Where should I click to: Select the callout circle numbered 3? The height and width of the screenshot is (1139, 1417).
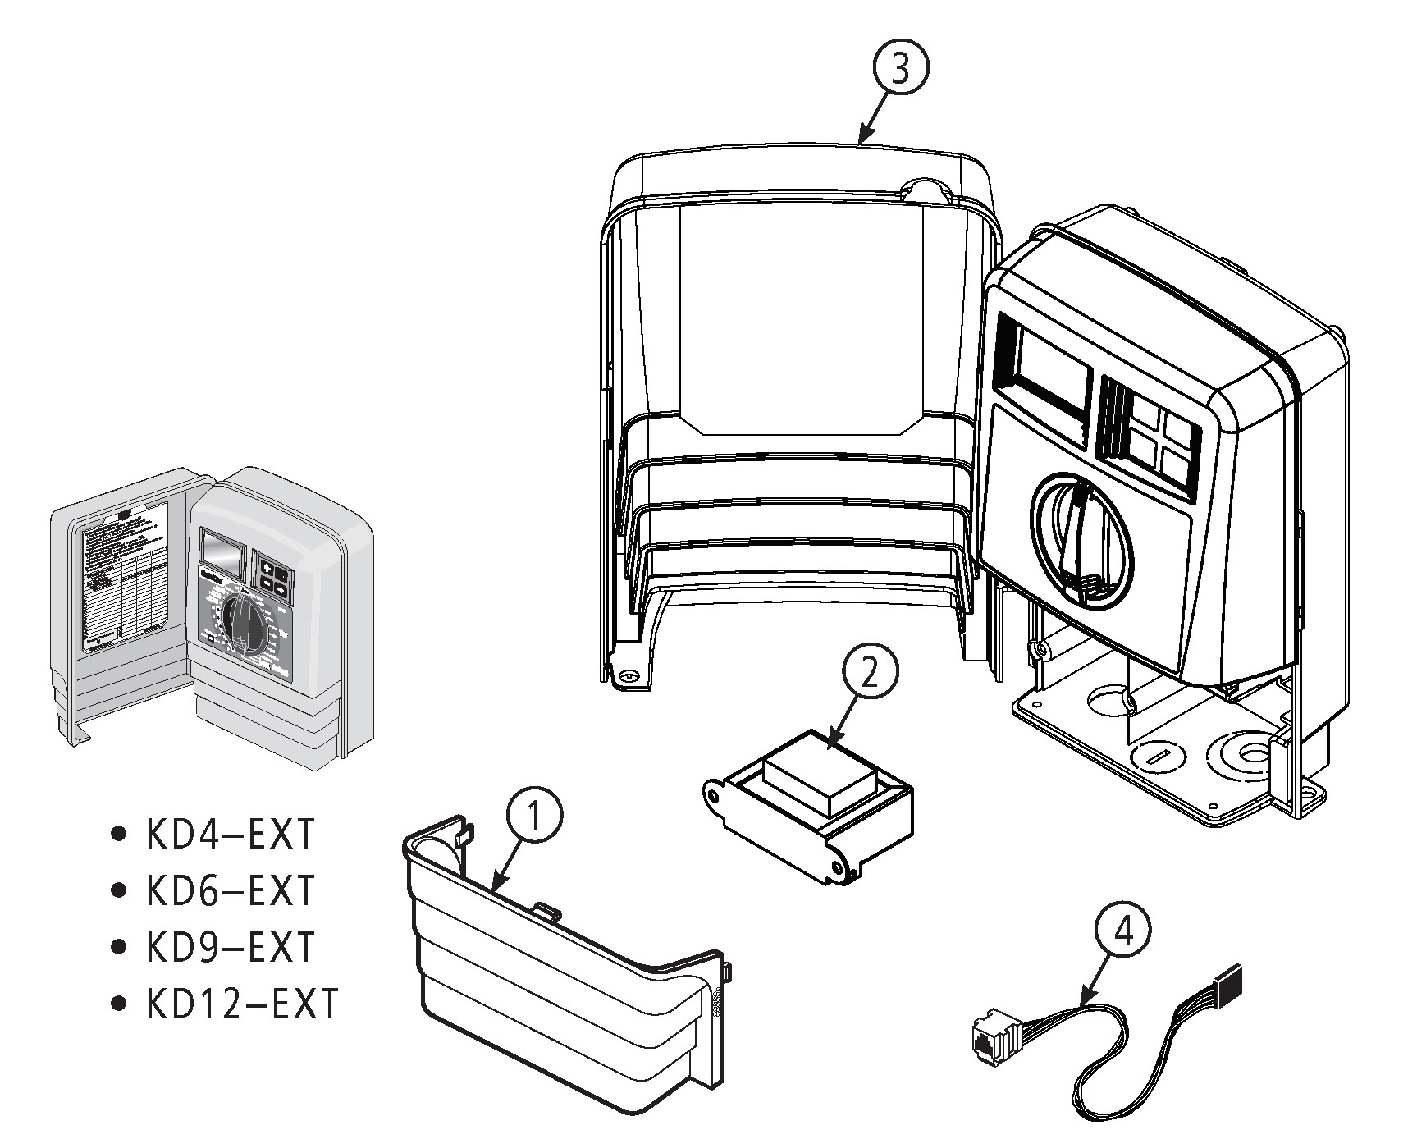900,70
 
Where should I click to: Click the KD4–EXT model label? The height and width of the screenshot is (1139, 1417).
231,835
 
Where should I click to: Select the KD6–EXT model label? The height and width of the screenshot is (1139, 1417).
231,891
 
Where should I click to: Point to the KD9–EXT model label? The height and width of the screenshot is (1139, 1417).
231,947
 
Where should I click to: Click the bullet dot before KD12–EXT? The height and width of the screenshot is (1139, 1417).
120,1003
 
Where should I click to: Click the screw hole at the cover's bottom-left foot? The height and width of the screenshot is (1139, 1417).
629,676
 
